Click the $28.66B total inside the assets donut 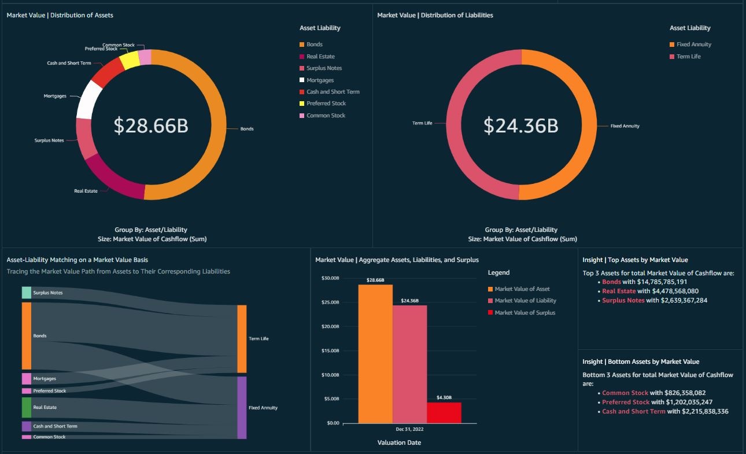tap(151, 126)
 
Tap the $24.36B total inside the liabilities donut tap(521, 126)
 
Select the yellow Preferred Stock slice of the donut tap(130, 60)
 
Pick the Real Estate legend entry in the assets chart tap(320, 57)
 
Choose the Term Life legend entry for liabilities tap(688, 57)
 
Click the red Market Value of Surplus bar tap(444, 413)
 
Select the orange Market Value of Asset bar tap(375, 353)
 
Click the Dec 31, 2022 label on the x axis tap(409, 430)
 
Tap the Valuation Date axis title tap(399, 442)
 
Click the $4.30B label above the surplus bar tap(444, 397)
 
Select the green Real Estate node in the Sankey tap(27, 407)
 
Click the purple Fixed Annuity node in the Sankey tap(242, 407)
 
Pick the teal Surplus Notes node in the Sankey tap(27, 293)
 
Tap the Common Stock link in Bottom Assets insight tap(625, 393)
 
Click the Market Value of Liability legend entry tap(525, 301)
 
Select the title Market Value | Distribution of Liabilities tap(435, 15)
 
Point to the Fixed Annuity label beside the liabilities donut tap(625, 126)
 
